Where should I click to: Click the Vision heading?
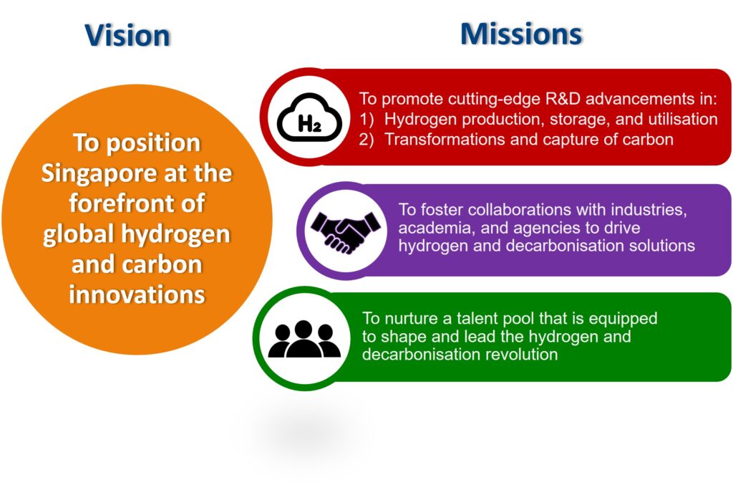[x=127, y=35]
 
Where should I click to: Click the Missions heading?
[x=521, y=34]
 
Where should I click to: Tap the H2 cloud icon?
[x=309, y=117]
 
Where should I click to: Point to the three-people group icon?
[x=304, y=339]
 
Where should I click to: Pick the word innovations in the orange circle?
[x=137, y=294]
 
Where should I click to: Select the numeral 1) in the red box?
[x=366, y=119]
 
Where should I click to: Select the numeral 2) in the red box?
[x=366, y=140]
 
